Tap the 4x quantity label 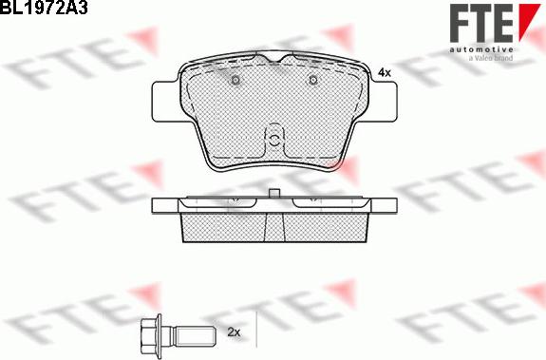(384, 72)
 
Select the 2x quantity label (235, 332)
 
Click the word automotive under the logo (479, 48)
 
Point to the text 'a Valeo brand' (489, 59)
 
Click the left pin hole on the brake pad (234, 81)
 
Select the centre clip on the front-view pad (273, 139)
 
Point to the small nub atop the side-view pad (273, 195)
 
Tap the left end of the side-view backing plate (161, 204)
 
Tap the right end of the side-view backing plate (385, 204)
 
